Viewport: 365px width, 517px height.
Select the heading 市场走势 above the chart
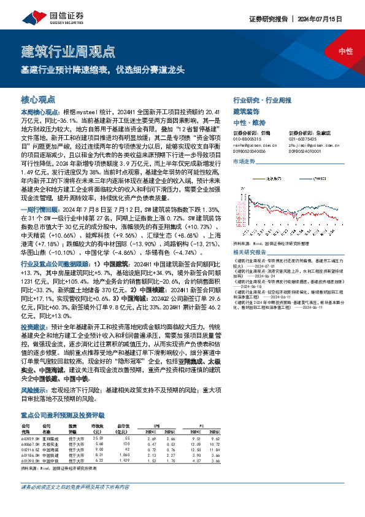[244, 161]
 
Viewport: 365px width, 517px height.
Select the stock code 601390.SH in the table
[30, 459]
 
